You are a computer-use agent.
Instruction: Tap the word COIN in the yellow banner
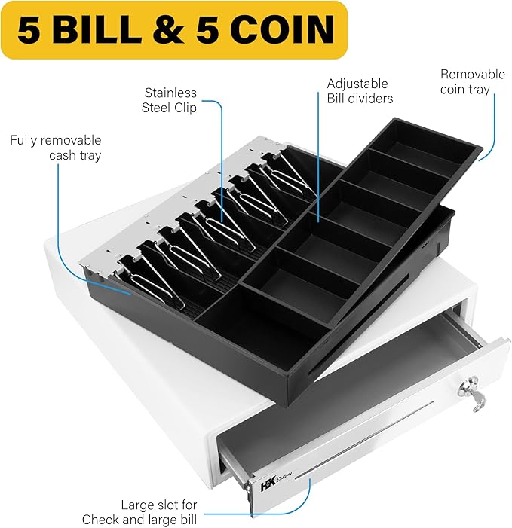tap(283, 29)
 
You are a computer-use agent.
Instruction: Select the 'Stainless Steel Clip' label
tap(169, 100)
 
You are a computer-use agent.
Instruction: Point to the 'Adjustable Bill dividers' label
tap(360, 91)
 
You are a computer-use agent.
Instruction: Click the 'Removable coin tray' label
tap(473, 82)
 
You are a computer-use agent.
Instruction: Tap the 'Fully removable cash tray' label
tap(56, 148)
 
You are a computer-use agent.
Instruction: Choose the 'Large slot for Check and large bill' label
tap(139, 512)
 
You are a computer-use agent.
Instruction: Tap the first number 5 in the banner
tap(31, 29)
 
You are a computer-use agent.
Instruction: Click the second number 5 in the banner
tap(209, 29)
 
